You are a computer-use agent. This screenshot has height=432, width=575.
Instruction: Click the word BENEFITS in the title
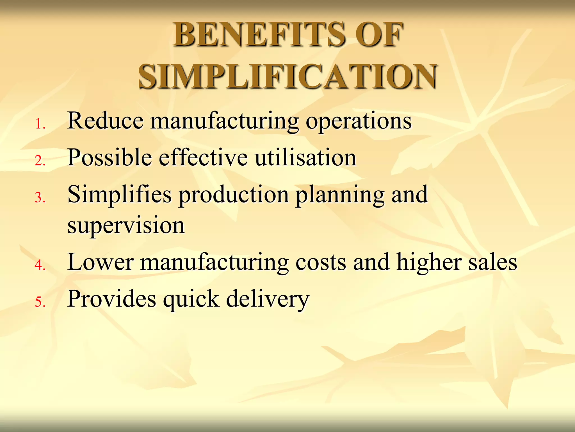pyautogui.click(x=260, y=35)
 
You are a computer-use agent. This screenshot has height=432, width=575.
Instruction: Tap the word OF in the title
pyautogui.click(x=379, y=35)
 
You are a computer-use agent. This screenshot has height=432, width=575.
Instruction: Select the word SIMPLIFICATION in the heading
pyautogui.click(x=287, y=76)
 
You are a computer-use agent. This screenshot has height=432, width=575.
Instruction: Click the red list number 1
pyautogui.click(x=40, y=124)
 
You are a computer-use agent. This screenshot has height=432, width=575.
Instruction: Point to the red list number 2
pyautogui.click(x=40, y=161)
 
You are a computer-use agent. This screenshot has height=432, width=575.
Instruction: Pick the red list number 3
pyautogui.click(x=40, y=198)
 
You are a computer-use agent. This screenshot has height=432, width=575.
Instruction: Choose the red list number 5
pyautogui.click(x=40, y=302)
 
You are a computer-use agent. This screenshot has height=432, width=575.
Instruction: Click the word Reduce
pyautogui.click(x=105, y=121)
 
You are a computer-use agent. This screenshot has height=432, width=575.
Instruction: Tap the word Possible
pyautogui.click(x=110, y=157)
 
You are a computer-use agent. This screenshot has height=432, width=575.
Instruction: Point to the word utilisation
pyautogui.click(x=306, y=157)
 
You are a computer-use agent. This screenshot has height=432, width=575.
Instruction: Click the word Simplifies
pyautogui.click(x=120, y=195)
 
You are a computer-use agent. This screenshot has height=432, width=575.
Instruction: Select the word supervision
pyautogui.click(x=126, y=226)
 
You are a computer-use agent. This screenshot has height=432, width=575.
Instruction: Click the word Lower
pyautogui.click(x=101, y=262)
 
